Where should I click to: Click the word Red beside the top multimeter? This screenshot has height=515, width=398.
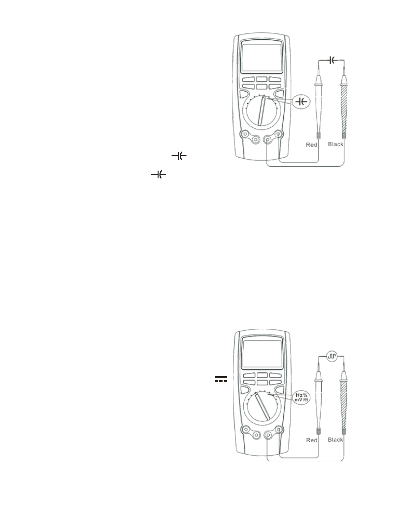coord(311,145)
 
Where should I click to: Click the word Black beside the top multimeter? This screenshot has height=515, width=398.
coord(335,144)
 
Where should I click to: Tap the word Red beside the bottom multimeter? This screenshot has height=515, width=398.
coord(312,440)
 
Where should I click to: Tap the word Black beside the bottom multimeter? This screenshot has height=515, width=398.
coord(335,440)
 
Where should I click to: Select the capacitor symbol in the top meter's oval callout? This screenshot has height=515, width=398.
coord(301,102)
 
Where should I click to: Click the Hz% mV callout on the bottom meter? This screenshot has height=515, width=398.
coord(301,397)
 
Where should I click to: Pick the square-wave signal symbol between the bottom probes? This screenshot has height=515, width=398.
coord(332,356)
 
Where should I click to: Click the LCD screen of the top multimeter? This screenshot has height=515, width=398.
coord(261,58)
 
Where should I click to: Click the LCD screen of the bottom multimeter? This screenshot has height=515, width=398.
coord(262,354)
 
